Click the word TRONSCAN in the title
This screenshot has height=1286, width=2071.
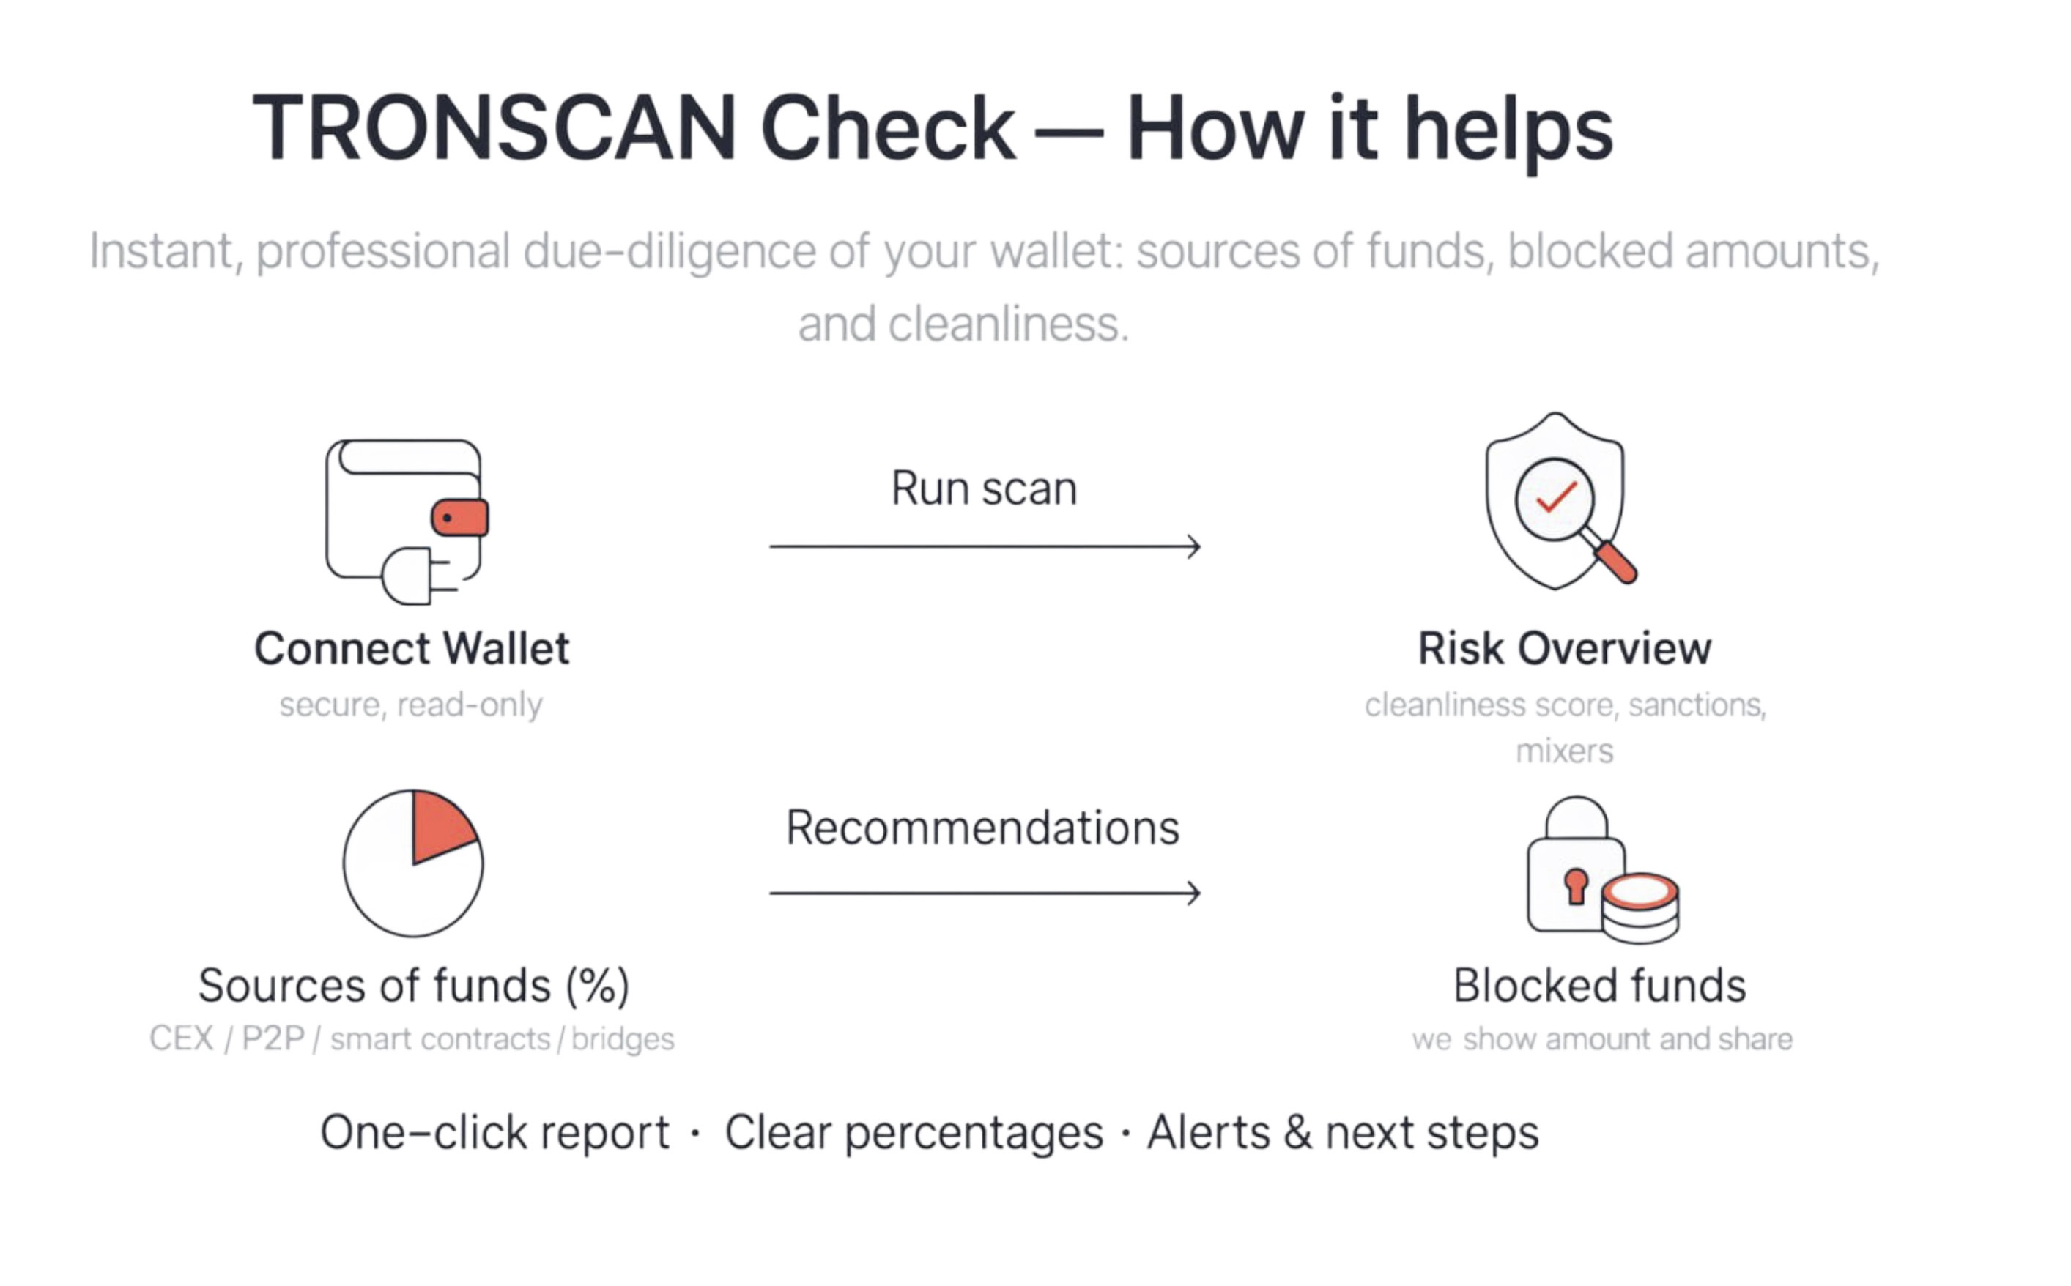click(x=494, y=127)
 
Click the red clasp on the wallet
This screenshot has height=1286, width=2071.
click(x=460, y=518)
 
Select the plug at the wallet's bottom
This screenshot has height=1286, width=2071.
click(x=418, y=576)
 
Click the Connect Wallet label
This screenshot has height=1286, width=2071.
click(x=412, y=649)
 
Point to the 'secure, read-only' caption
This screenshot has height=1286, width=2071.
click(x=411, y=705)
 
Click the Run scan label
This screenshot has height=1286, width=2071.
click(x=985, y=489)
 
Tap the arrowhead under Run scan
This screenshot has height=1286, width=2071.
click(x=1194, y=546)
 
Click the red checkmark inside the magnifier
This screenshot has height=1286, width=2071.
click(x=1557, y=497)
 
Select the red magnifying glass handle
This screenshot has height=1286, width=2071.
click(x=1615, y=562)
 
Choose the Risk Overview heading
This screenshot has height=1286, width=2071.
click(x=1565, y=649)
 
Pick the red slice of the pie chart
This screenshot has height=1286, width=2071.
click(x=442, y=825)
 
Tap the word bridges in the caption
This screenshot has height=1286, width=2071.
click(x=623, y=1039)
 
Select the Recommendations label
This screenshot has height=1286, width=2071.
click(x=982, y=828)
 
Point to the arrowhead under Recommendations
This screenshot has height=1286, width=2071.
click(x=1194, y=893)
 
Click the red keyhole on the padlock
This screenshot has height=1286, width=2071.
click(x=1576, y=886)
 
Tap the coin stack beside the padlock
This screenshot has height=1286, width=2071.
click(x=1640, y=908)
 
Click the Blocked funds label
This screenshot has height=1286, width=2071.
click(x=1600, y=986)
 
